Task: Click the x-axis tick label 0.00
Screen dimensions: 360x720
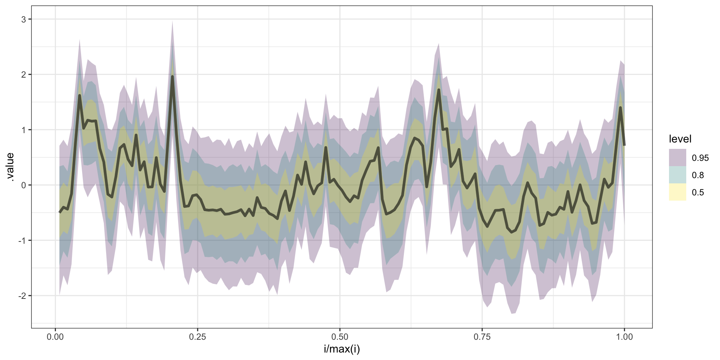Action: pos(55,337)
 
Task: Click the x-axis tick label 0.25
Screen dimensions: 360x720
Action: pos(197,337)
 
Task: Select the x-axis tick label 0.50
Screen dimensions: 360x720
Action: pos(340,337)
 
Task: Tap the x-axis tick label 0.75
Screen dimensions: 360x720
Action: pos(482,337)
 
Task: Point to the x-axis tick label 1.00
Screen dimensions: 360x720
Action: pos(624,337)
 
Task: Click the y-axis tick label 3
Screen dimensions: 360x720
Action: pos(24,19)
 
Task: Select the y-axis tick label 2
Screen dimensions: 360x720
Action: pos(24,75)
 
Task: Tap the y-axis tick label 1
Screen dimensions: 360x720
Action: pos(24,130)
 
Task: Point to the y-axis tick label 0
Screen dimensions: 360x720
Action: pos(24,185)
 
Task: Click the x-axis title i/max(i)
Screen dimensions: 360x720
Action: pos(342,349)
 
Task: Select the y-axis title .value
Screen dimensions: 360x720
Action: pos(10,167)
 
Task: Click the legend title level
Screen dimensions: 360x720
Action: pos(680,139)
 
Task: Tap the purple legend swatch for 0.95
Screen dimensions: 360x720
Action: pos(677,157)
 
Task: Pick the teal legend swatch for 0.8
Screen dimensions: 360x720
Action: pos(677,175)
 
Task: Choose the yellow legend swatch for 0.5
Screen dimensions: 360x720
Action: pos(677,192)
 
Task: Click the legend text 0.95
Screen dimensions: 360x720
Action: pos(700,158)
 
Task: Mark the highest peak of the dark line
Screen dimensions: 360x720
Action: pos(172,76)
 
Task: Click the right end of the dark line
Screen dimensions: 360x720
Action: pos(624,145)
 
